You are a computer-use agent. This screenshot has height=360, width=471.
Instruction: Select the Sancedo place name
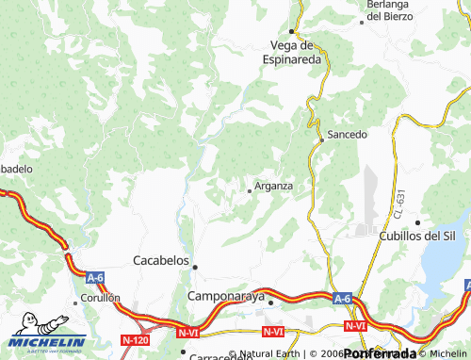(x=347, y=135)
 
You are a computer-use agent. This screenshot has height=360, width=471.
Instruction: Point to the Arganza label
(x=273, y=186)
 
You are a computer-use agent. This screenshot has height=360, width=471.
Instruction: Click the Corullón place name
(x=101, y=298)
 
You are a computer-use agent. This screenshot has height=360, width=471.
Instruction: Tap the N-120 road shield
(x=136, y=338)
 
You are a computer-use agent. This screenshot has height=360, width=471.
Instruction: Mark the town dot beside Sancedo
(x=321, y=139)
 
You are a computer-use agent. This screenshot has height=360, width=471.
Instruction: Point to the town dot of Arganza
(x=249, y=190)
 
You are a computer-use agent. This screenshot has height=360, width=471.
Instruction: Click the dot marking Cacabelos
(x=195, y=267)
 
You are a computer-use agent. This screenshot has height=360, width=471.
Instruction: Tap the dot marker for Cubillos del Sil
(x=417, y=221)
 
